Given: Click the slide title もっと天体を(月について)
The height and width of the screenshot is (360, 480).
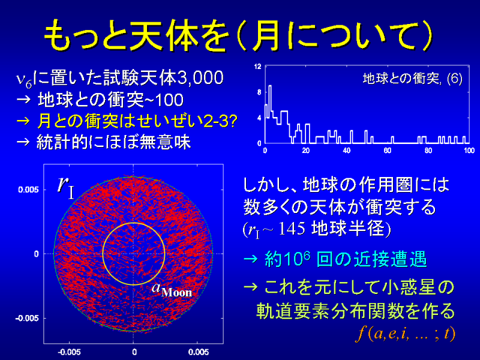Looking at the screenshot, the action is [238, 35].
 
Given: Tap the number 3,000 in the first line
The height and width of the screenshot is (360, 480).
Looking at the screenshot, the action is [200, 78].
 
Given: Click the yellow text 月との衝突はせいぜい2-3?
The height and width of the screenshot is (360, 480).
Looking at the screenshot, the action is [137, 121].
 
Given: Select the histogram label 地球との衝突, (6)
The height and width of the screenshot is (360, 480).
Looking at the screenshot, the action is [412, 79].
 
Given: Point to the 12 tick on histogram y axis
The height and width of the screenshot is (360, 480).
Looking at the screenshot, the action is [258, 67].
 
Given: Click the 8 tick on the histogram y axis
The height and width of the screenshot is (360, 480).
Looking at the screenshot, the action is [259, 92].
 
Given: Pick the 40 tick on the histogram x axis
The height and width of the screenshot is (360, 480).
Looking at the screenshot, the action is [347, 151].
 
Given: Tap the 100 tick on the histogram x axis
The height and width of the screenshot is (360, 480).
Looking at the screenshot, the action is [469, 151].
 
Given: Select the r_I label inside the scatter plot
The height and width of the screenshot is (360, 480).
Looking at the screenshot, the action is [66, 186].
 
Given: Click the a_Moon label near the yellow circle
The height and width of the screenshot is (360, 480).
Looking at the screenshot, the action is [172, 290].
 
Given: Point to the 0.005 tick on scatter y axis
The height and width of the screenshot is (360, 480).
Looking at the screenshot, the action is [29, 190].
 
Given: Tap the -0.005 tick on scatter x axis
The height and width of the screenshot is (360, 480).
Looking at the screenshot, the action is [69, 352].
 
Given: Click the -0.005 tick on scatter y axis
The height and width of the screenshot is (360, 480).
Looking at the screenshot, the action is [27, 319].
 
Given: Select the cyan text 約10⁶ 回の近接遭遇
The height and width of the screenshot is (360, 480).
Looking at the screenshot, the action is [346, 259].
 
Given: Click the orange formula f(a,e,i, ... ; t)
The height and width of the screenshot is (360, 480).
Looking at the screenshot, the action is [406, 334].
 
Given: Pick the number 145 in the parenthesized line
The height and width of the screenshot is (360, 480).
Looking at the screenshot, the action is [292, 229].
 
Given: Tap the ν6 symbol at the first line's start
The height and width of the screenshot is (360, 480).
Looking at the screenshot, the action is [24, 80].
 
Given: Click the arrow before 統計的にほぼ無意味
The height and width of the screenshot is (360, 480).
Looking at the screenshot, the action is [23, 142].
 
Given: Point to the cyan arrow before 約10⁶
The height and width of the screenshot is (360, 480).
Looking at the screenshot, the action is [251, 260].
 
